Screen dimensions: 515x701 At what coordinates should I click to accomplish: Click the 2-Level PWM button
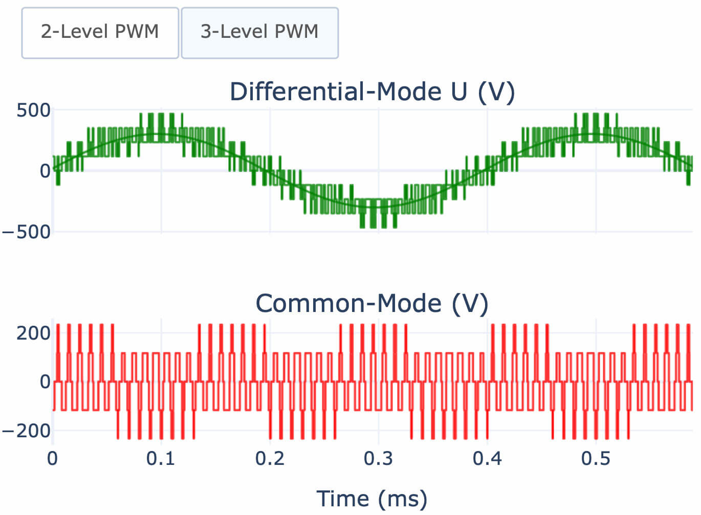[x=100, y=32]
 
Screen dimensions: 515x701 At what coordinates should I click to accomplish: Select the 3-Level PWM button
[x=259, y=32]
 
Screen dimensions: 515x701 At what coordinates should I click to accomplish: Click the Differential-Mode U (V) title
[x=372, y=92]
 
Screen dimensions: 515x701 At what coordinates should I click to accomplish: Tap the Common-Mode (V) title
[x=372, y=303]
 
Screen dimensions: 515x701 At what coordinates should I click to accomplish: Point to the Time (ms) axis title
[x=372, y=499]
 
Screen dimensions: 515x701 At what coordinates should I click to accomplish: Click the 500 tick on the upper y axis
[x=34, y=110]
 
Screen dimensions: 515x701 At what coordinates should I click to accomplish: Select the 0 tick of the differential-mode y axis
[x=45, y=171]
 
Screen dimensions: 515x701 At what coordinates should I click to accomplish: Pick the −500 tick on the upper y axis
[x=27, y=232]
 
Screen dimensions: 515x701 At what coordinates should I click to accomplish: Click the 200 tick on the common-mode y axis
[x=34, y=333]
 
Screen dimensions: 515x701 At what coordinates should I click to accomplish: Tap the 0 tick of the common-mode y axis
[x=45, y=382]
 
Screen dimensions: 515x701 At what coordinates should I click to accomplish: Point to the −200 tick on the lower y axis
[x=27, y=431]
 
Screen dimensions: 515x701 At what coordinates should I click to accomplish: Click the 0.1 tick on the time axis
[x=161, y=459]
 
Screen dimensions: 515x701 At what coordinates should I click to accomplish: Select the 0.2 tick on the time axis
[x=270, y=459]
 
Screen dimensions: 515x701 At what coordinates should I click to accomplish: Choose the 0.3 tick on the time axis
[x=378, y=459]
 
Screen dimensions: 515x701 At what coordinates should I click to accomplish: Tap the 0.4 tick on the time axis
[x=487, y=459]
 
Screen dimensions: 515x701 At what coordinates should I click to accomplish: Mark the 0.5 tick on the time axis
[x=596, y=459]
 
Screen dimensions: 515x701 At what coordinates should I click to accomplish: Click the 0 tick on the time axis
[x=53, y=459]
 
